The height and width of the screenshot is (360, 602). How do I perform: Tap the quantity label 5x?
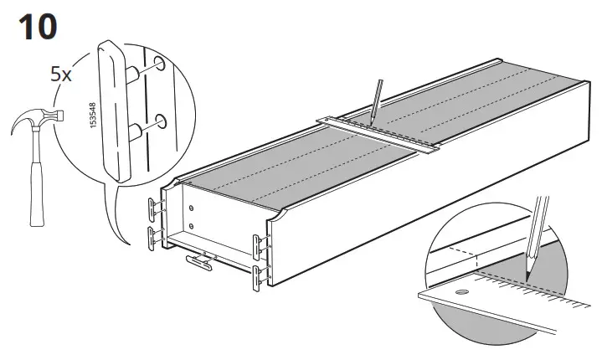[61, 74]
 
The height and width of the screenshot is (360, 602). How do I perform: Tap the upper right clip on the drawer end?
[260, 244]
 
